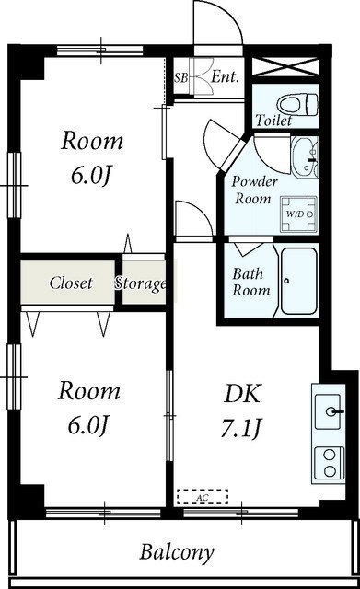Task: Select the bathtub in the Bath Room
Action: coord(298,283)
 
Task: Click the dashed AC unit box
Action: coord(203,497)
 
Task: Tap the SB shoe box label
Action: coord(180,77)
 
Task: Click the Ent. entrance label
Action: coord(224,77)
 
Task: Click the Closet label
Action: coord(70,283)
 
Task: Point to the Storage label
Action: coord(141,283)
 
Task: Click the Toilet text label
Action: coord(274,121)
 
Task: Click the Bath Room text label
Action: coord(250,282)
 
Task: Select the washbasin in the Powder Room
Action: coord(303,158)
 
